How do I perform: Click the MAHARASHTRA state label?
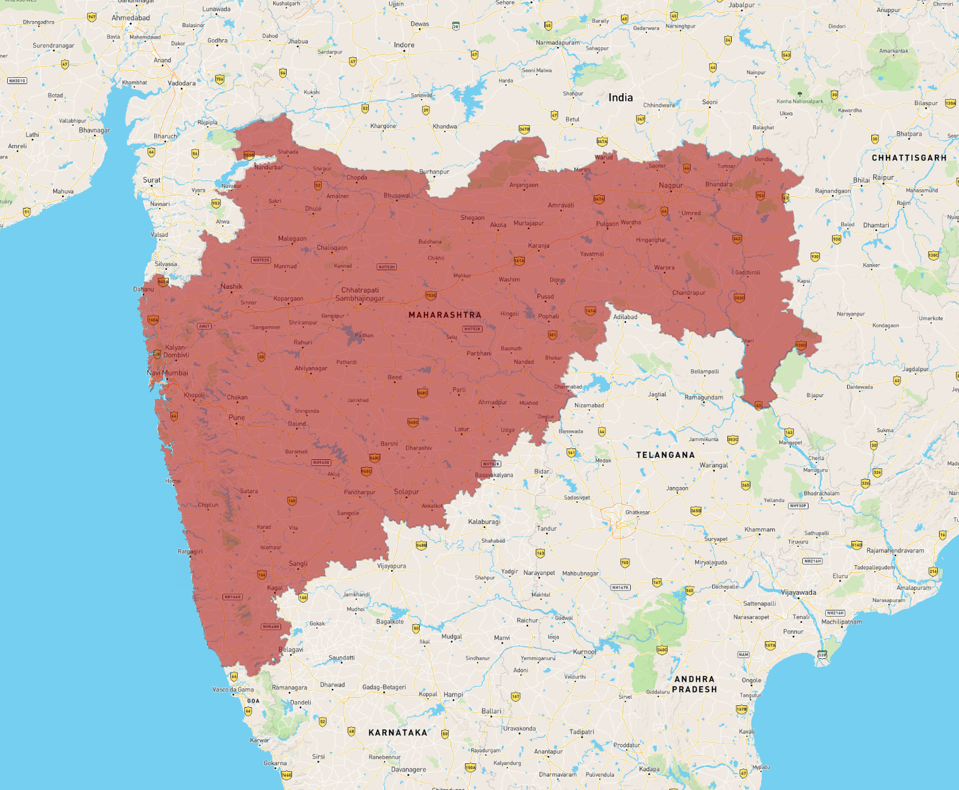click(x=444, y=315)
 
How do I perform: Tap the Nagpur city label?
click(x=671, y=186)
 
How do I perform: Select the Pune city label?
click(x=236, y=418)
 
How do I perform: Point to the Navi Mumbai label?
click(x=167, y=373)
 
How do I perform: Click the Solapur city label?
click(x=406, y=492)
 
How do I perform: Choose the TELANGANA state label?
click(x=665, y=455)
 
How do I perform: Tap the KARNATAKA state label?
click(x=398, y=733)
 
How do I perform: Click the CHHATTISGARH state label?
click(x=909, y=158)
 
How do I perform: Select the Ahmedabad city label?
click(x=131, y=18)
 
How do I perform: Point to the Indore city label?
click(x=404, y=45)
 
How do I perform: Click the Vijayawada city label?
click(x=798, y=592)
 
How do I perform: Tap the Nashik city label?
click(x=231, y=287)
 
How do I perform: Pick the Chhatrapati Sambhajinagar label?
click(x=360, y=294)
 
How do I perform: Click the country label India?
click(x=620, y=97)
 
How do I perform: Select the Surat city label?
click(x=152, y=180)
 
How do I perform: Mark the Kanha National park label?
click(x=799, y=102)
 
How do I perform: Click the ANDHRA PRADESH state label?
click(x=694, y=684)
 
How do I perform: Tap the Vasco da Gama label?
click(x=233, y=690)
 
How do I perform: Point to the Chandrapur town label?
click(x=689, y=293)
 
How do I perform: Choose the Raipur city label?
click(x=883, y=178)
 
